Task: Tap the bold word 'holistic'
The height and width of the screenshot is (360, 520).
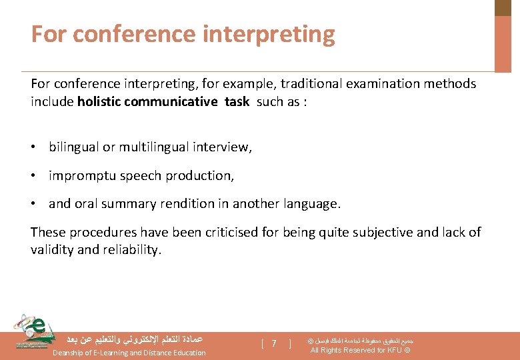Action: tap(101, 101)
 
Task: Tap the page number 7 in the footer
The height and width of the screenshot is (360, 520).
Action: tap(274, 343)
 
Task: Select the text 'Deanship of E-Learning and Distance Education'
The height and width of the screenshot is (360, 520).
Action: tap(129, 353)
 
